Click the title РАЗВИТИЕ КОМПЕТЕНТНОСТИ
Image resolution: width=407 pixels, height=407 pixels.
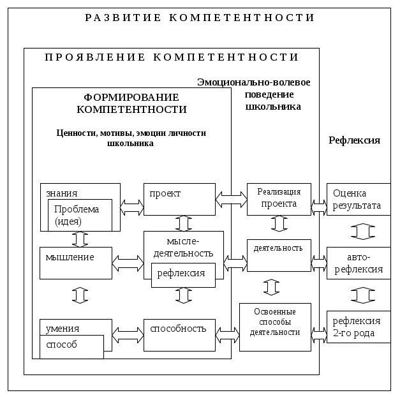pyautogui.click(x=200, y=18)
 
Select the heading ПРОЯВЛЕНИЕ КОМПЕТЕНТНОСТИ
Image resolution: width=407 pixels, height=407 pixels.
pyautogui.click(x=172, y=57)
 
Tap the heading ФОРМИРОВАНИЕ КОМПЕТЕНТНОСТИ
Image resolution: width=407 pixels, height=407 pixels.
pyautogui.click(x=131, y=103)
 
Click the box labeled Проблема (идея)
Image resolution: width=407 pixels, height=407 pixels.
pyautogui.click(x=77, y=216)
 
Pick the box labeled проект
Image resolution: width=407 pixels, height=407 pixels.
pyautogui.click(x=179, y=199)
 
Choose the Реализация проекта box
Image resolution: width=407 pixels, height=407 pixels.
pyautogui.click(x=279, y=198)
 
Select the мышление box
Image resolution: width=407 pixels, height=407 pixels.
pyautogui.click(x=75, y=262)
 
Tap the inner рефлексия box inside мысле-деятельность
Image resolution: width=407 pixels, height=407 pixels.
pyautogui.click(x=182, y=274)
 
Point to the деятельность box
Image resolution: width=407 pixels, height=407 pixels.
pyautogui.click(x=279, y=254)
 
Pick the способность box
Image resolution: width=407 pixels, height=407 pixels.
pyautogui.click(x=179, y=333)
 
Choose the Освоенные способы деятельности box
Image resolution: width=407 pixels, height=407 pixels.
pyautogui.click(x=275, y=327)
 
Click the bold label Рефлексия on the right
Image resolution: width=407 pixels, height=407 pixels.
pyautogui.click(x=355, y=140)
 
